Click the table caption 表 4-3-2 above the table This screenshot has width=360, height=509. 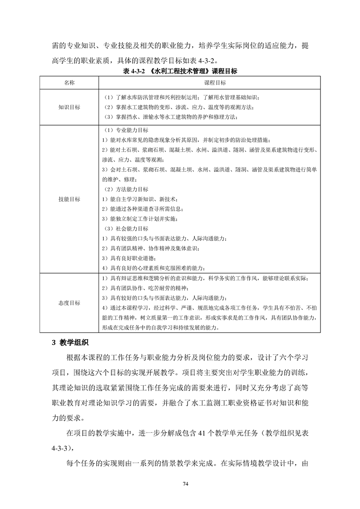(x=180, y=71)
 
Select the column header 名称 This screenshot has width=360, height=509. (x=69, y=83)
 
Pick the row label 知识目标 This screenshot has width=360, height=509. (x=69, y=107)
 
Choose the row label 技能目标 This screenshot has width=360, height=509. (x=69, y=199)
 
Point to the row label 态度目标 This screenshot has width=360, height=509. (x=69, y=303)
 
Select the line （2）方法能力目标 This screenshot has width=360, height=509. (x=125, y=189)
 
